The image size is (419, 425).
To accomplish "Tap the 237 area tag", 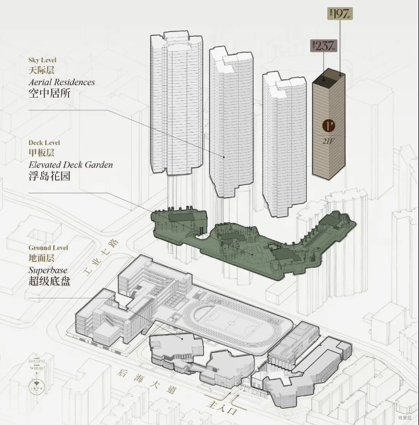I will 325,46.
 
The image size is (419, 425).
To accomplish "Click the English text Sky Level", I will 43,60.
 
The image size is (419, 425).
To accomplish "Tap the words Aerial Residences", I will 62,82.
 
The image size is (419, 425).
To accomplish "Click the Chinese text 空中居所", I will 49,94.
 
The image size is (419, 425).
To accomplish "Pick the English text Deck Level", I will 45,142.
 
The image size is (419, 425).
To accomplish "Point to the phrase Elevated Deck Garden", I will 70,165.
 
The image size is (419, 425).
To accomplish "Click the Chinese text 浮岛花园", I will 49,176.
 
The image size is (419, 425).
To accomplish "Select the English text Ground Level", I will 48,248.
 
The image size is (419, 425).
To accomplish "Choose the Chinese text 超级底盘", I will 49,281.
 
